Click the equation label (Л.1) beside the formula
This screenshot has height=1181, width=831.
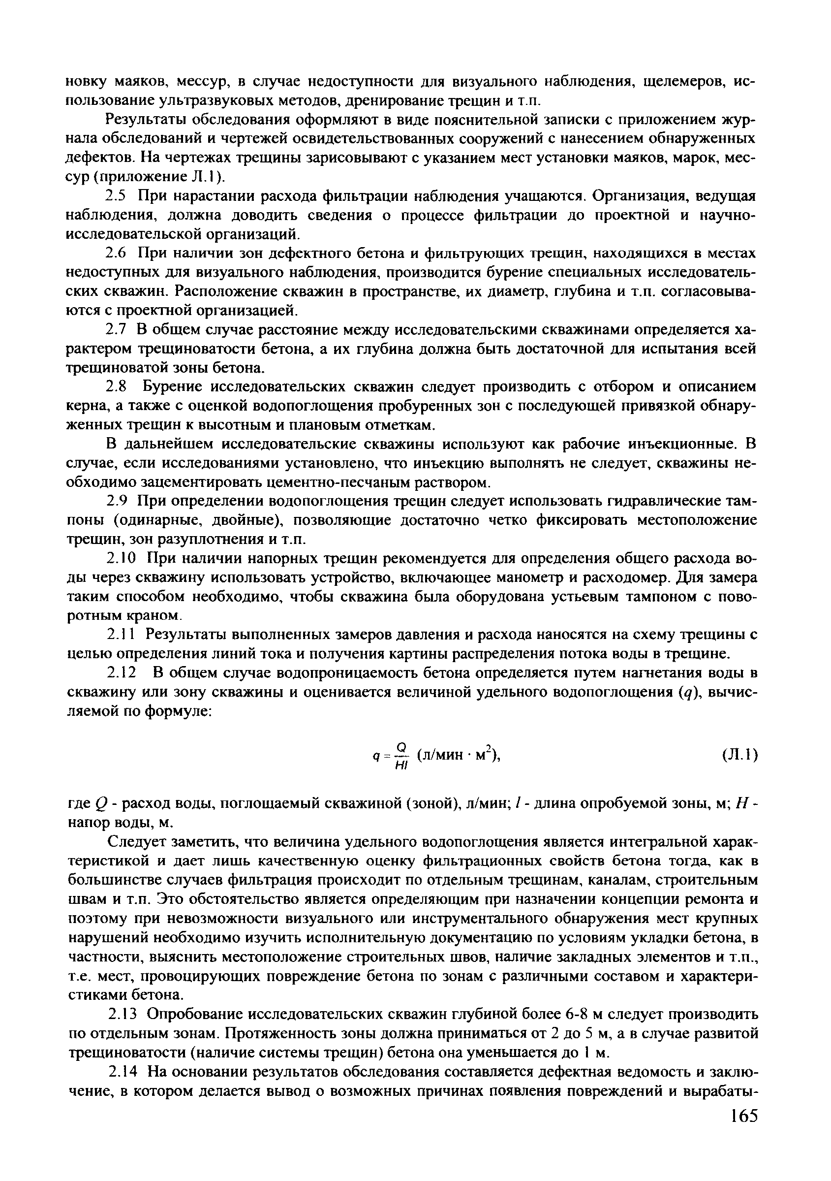click(x=739, y=755)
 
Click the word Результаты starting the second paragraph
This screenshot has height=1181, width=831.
click(x=144, y=120)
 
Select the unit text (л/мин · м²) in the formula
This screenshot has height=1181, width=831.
click(x=458, y=755)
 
